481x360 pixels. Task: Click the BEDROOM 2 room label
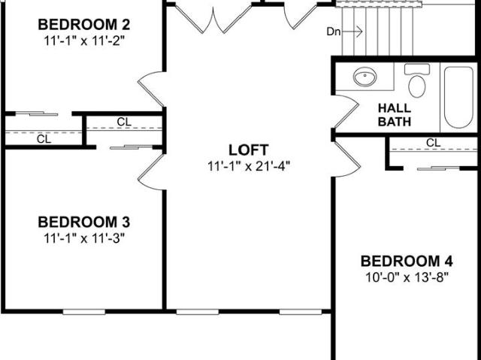pos(83,25)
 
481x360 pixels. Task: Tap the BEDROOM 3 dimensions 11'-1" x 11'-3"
pos(84,238)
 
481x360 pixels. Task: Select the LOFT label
pos(249,150)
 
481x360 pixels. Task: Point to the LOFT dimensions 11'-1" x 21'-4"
pos(249,166)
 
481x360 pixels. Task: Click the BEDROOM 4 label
pos(407,262)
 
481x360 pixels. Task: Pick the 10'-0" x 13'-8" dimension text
pos(407,277)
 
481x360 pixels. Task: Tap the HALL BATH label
pos(394,115)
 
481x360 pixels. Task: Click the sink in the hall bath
pos(365,77)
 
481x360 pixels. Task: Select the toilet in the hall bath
pos(417,80)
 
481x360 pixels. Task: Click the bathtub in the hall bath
pos(458,97)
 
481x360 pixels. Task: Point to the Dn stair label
pos(334,32)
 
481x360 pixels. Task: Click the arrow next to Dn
pos(352,32)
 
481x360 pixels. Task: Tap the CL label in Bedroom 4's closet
pos(433,143)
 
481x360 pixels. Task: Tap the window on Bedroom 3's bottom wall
pos(84,312)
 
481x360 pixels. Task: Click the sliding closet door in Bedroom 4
pos(439,168)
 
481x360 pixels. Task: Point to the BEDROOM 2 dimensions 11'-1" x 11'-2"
pos(84,41)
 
